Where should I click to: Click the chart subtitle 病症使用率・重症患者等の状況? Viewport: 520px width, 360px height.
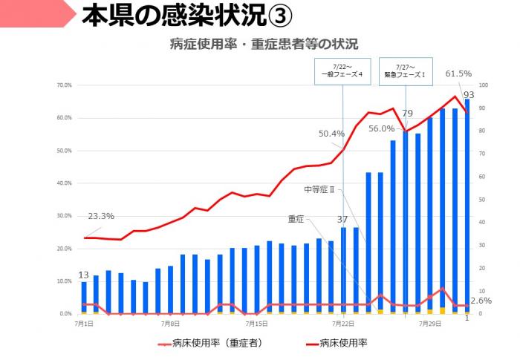click(x=264, y=45)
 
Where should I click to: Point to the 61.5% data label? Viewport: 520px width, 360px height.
click(x=458, y=73)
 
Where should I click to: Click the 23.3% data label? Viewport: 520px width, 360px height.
click(x=101, y=216)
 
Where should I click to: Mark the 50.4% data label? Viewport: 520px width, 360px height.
click(x=331, y=134)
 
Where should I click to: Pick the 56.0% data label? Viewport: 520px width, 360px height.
click(x=381, y=128)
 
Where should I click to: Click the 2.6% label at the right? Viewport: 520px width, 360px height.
click(x=481, y=300)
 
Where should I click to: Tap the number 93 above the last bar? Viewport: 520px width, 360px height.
click(x=469, y=94)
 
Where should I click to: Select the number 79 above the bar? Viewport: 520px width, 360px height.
click(x=407, y=114)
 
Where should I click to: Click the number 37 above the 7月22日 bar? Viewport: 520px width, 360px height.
click(x=342, y=219)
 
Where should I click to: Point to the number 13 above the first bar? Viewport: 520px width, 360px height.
click(x=84, y=275)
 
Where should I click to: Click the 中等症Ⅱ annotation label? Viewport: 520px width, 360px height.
click(x=320, y=189)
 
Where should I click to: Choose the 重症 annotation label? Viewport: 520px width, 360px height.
click(x=296, y=219)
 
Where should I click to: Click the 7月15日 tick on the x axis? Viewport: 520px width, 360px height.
click(x=256, y=324)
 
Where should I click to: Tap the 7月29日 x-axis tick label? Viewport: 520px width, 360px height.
click(x=429, y=324)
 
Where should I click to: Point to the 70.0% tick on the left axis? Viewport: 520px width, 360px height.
click(x=63, y=85)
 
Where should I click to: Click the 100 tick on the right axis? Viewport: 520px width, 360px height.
click(x=484, y=85)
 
